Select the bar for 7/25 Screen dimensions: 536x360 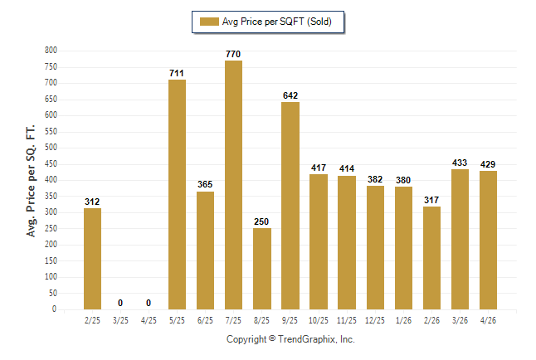(x=233, y=185)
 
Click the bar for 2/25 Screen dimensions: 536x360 (x=92, y=259)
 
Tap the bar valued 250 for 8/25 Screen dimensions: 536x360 (x=262, y=269)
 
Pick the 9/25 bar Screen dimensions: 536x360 (x=290, y=206)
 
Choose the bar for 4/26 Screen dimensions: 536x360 (x=488, y=241)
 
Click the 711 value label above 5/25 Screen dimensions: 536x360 (x=177, y=73)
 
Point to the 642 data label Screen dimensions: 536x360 (x=290, y=95)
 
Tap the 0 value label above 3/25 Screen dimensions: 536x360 (x=120, y=303)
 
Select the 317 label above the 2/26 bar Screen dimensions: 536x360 (x=431, y=200)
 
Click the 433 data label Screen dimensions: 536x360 (x=460, y=163)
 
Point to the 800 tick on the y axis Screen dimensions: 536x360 (x=51, y=51)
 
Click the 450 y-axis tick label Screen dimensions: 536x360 (x=51, y=163)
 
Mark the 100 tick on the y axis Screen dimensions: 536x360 (x=51, y=276)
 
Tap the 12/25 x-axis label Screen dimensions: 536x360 (x=375, y=320)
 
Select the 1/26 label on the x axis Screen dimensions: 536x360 (x=403, y=320)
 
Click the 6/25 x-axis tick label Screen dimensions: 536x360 (x=205, y=320)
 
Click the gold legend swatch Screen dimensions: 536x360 (x=209, y=22)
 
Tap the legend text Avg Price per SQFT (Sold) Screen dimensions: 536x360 (x=277, y=22)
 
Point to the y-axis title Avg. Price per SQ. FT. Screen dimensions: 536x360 (x=31, y=181)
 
